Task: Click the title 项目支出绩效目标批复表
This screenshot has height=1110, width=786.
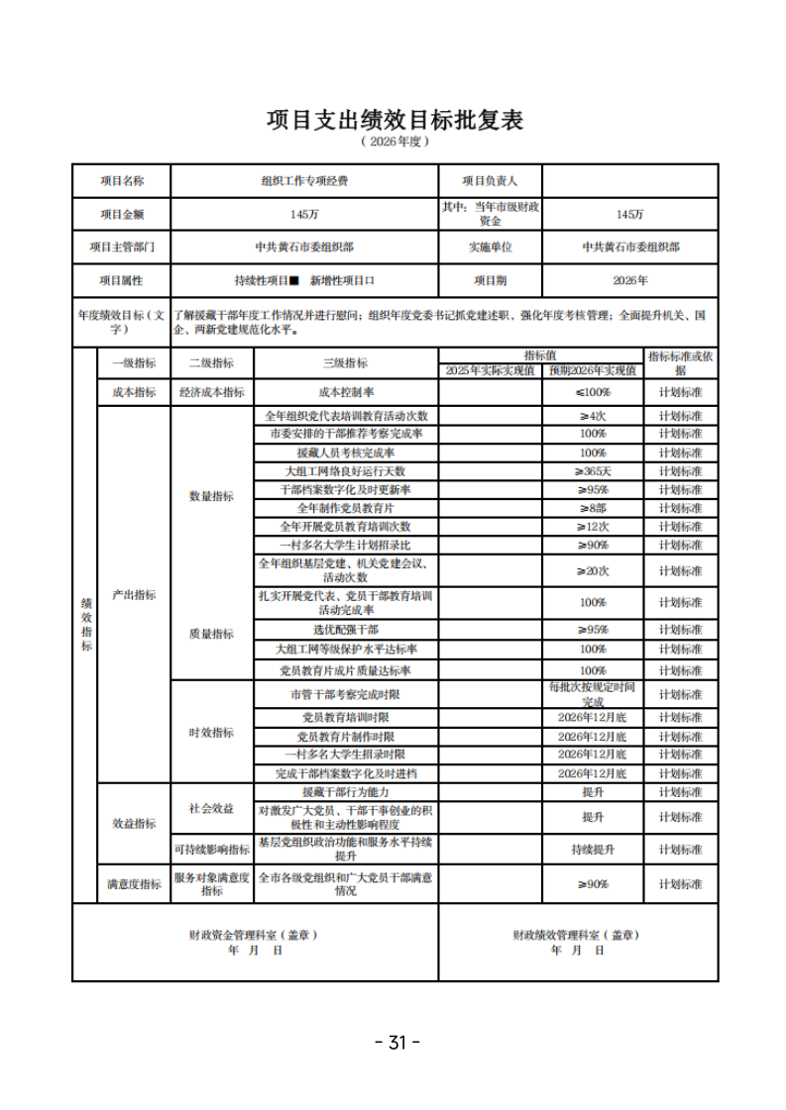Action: [x=393, y=120]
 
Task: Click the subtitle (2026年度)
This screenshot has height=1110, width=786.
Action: [x=393, y=143]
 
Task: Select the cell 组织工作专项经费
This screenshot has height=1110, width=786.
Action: [x=304, y=181]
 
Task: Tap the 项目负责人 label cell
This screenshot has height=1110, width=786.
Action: [x=490, y=181]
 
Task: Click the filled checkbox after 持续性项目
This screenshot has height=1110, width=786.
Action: [x=293, y=280]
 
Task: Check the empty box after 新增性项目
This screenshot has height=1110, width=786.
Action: [x=371, y=280]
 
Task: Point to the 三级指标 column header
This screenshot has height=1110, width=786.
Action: [x=345, y=362]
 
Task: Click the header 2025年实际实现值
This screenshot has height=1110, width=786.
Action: [x=490, y=370]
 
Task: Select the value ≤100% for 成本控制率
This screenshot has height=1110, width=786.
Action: [x=593, y=392]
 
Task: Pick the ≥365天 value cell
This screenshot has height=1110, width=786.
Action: [x=593, y=471]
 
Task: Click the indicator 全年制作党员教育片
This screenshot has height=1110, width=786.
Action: [x=345, y=508]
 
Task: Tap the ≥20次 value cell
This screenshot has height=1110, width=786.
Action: [x=593, y=571]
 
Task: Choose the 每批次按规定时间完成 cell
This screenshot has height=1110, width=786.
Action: [x=593, y=694]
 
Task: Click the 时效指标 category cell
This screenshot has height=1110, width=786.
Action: [x=211, y=733]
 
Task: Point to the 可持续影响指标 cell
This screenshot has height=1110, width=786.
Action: [x=211, y=850]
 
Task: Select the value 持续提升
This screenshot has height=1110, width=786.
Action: [x=593, y=850]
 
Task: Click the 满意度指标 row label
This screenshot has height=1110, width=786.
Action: [x=134, y=884]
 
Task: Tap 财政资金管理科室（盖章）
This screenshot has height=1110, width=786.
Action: [x=255, y=934]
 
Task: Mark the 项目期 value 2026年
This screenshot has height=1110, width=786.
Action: [x=629, y=280]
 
